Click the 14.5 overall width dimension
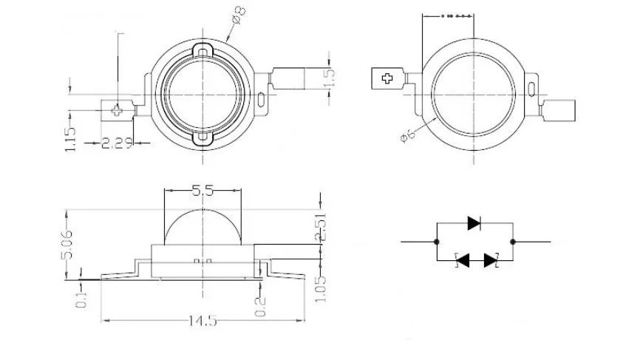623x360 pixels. click(202, 321)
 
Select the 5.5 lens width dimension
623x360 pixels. click(202, 191)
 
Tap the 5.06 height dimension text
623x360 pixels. click(67, 244)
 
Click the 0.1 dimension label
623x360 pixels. click(81, 300)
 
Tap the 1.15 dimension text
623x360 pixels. click(69, 140)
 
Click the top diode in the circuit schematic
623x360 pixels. click(474, 222)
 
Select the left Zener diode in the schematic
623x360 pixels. click(463, 260)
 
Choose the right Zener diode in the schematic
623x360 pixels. click(490, 260)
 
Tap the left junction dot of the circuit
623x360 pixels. click(437, 242)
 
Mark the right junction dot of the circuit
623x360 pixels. click(513, 242)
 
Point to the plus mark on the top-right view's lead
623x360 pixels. click(386, 78)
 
